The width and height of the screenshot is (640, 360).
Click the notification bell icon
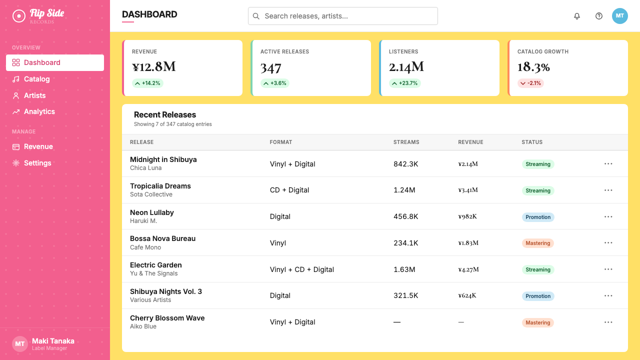coord(577,16)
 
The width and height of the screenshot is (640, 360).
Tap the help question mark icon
coord(599,16)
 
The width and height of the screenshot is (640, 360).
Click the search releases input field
coord(343,16)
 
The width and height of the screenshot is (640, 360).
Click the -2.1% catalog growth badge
coord(530,83)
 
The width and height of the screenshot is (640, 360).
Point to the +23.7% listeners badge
coord(404,83)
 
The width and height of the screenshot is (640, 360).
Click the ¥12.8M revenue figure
coord(153,67)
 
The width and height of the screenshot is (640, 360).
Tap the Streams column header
coord(406,142)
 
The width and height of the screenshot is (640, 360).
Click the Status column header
coord(532,142)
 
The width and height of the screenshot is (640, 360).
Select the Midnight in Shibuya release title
coord(163,159)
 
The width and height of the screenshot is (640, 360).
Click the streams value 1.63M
coord(404,269)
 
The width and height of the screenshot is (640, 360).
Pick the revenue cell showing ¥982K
coord(467,216)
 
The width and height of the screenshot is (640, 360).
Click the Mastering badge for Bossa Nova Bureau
coord(538,243)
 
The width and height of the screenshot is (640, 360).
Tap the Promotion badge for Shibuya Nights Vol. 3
coord(538,296)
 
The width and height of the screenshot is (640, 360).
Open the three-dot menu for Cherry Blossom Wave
coord(608,322)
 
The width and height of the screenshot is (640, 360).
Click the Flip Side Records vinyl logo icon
coord(19,16)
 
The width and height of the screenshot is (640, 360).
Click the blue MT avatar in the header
coord(619,16)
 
